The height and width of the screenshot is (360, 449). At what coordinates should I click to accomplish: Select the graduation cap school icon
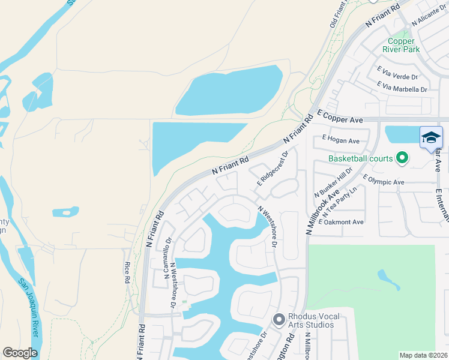[431, 139]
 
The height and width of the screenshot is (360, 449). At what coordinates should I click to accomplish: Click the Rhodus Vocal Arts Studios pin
[278, 320]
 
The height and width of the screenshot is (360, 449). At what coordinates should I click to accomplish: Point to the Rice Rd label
[127, 272]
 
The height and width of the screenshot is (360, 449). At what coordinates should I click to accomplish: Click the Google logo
[20, 353]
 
